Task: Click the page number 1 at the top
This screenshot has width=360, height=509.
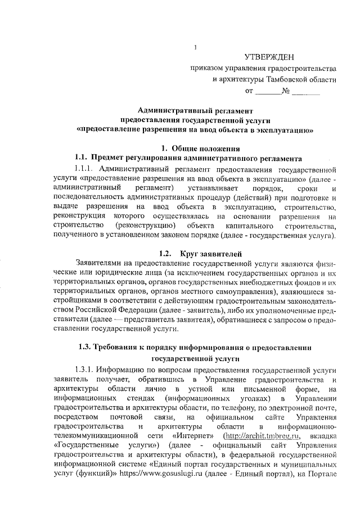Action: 194,47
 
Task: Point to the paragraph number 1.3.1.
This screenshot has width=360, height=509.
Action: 84,371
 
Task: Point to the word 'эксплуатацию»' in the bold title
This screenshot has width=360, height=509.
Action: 281,129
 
